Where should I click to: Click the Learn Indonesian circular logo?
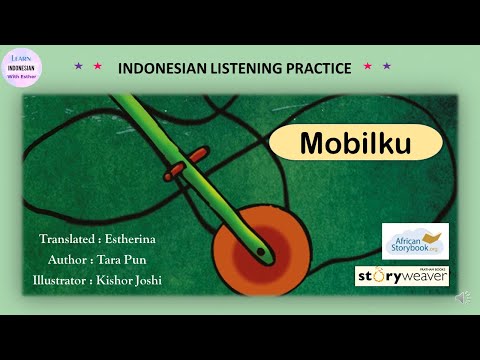point(21,68)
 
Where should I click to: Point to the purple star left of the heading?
point(78,67)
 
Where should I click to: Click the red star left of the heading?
point(97,67)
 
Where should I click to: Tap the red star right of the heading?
point(368,67)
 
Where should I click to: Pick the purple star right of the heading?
point(387,67)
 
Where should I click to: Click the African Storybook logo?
point(415,240)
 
